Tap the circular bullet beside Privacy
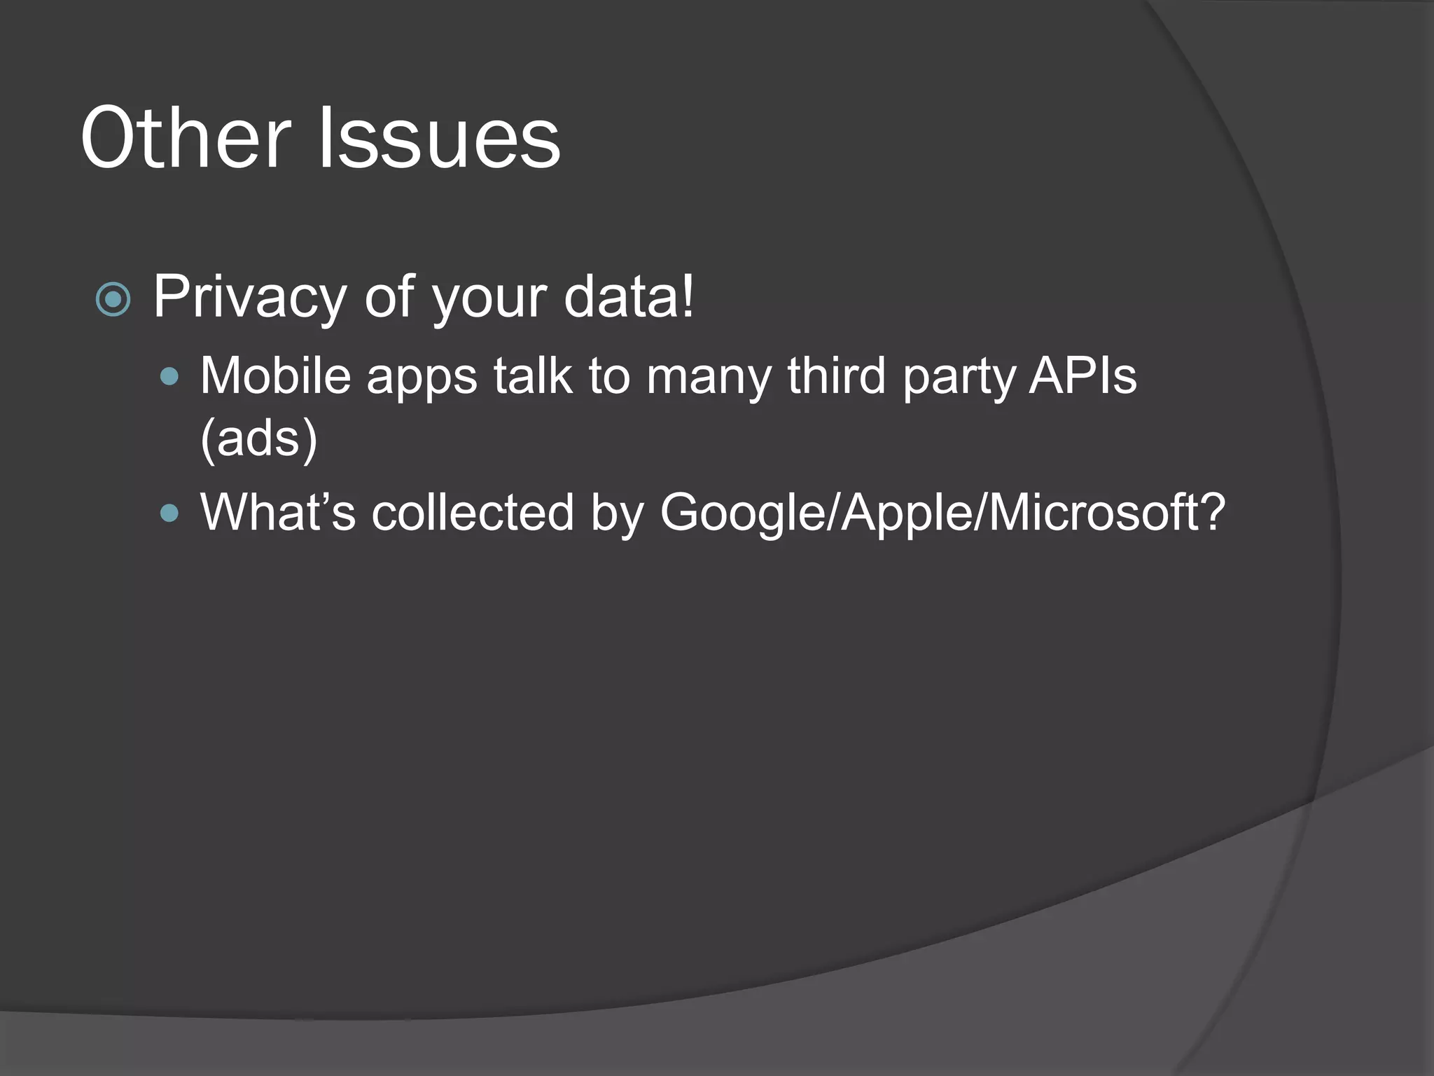click(113, 300)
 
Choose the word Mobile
click(275, 376)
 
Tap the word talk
click(532, 376)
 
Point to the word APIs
click(1083, 376)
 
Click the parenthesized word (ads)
click(259, 439)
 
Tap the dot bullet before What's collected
click(169, 514)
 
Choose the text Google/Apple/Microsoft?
click(942, 513)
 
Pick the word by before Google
click(617, 513)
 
